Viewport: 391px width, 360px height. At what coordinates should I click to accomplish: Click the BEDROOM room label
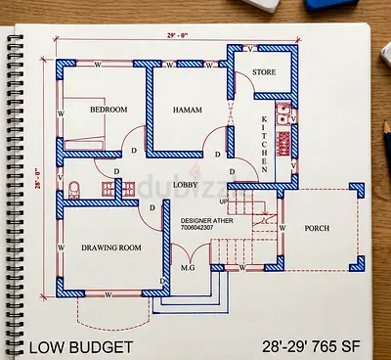[x=109, y=111]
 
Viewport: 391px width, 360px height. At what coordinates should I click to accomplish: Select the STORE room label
[x=264, y=72]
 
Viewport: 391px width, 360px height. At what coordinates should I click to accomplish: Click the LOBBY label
[x=187, y=184]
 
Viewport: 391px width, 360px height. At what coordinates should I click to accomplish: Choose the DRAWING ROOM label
[x=110, y=247]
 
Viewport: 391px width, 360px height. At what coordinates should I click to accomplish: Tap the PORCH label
[x=317, y=229]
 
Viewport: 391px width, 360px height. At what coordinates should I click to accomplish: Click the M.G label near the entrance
[x=189, y=265]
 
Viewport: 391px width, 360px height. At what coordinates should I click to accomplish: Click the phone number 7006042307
[x=201, y=230]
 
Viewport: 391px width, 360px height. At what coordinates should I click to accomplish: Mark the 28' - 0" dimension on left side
[x=40, y=177]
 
